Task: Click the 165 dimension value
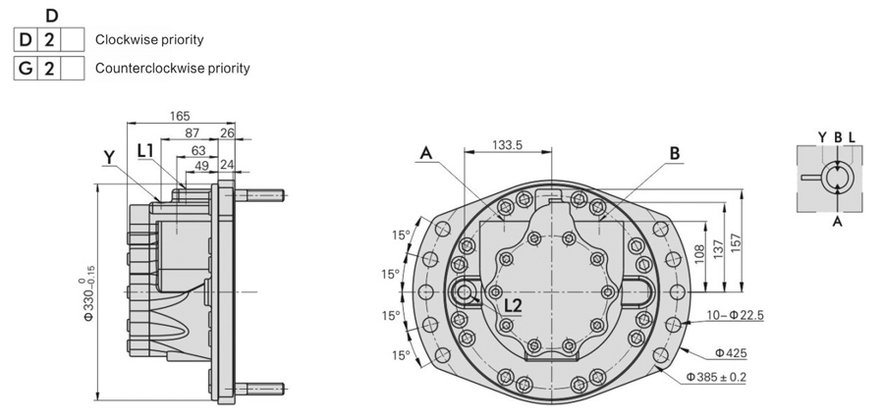tap(180, 116)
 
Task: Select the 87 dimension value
tap(193, 132)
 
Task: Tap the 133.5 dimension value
tap(508, 144)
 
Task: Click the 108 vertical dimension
tap(699, 255)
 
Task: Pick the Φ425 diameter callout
tap(731, 353)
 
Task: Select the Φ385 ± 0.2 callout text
tap(716, 377)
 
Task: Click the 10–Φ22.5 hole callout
tap(735, 315)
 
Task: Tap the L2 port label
tap(513, 306)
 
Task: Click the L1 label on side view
tap(146, 150)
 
